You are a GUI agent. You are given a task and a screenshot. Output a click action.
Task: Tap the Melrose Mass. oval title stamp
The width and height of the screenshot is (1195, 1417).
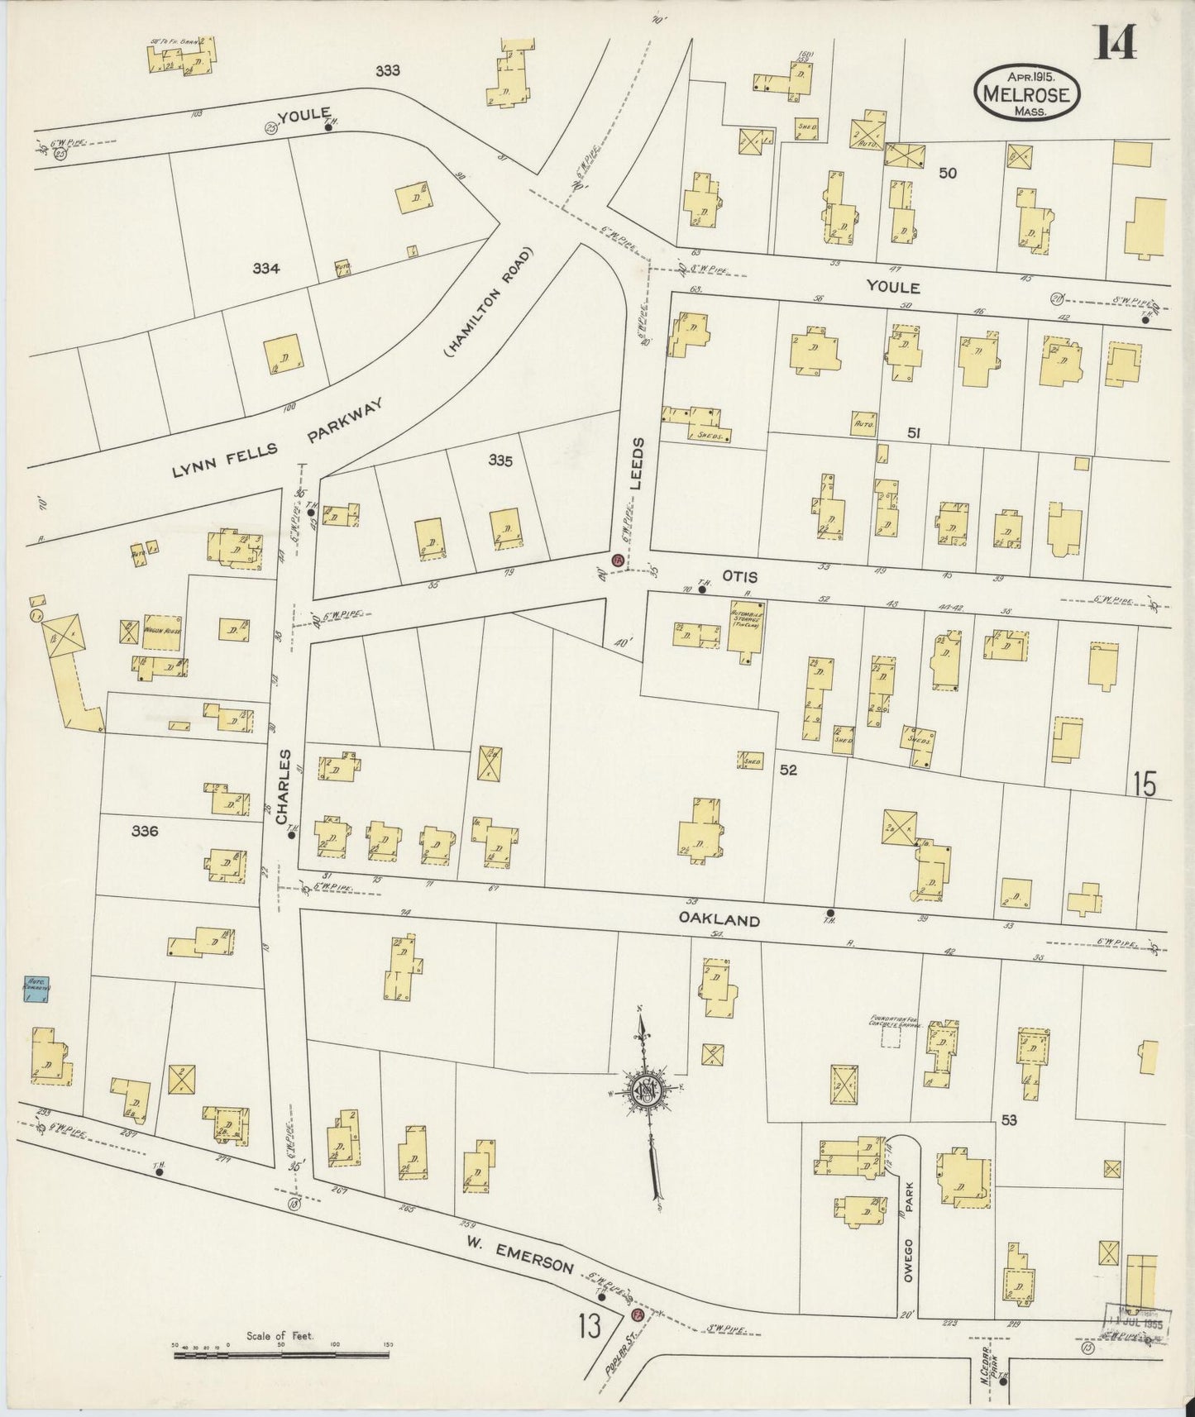1027,93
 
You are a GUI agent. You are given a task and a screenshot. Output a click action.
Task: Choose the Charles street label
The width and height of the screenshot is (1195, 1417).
283,786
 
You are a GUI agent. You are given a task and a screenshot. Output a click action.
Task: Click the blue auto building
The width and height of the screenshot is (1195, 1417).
36,990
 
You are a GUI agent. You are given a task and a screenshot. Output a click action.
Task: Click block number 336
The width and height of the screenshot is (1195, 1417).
144,831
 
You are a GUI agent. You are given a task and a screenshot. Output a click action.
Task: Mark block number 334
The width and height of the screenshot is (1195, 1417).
266,268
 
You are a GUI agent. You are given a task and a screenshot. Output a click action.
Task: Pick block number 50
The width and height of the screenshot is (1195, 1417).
948,173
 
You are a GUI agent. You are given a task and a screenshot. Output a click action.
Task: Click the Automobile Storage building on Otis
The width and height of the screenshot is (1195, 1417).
747,632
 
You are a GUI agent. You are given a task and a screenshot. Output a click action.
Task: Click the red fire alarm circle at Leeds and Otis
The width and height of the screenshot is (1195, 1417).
617,560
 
